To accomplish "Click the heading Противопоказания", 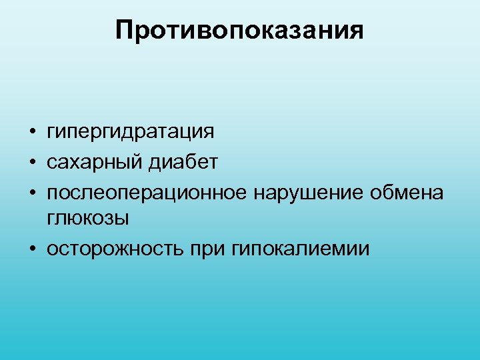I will [240, 30].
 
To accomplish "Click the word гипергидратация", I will [131, 132].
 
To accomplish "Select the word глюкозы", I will [89, 219].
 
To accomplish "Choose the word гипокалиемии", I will [299, 249].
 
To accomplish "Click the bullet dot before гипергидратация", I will [32, 131].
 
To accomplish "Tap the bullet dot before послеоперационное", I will [32, 193].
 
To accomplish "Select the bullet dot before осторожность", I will [32, 249].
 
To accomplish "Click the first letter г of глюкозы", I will [50, 219].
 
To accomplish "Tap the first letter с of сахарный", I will [51, 163].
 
